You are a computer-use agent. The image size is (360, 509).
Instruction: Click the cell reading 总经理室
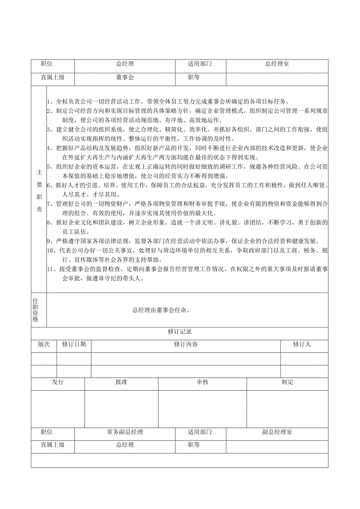click(277, 64)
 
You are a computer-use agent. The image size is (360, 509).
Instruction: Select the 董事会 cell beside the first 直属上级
click(125, 77)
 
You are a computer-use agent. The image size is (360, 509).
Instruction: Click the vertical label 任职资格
click(36, 309)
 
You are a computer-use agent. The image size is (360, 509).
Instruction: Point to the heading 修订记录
click(180, 332)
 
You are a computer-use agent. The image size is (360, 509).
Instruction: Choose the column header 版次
click(44, 344)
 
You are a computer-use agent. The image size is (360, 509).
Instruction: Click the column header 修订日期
click(74, 344)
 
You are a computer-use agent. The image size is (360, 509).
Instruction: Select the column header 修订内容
click(185, 344)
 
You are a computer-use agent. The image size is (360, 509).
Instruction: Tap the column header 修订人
click(302, 344)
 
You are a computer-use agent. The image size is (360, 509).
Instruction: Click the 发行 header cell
click(58, 382)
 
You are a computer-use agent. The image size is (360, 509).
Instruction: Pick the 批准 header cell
click(121, 382)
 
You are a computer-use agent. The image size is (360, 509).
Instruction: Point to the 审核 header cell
click(202, 382)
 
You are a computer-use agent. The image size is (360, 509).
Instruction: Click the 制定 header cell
click(287, 382)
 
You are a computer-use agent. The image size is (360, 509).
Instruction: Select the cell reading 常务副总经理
click(125, 432)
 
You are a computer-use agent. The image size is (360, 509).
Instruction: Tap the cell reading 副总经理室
click(277, 432)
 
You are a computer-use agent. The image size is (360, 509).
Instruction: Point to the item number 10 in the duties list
click(50, 250)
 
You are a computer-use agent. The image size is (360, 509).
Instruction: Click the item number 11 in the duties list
click(50, 269)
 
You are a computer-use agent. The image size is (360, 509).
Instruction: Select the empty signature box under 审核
click(202, 408)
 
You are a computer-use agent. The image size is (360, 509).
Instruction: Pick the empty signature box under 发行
click(58, 408)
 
